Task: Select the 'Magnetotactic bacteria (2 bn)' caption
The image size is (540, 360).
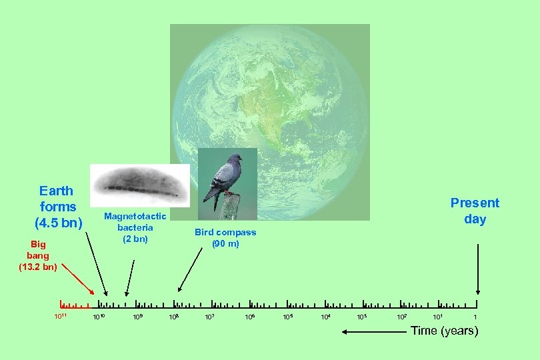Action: pos(135,227)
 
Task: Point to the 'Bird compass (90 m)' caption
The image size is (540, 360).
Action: pos(225,238)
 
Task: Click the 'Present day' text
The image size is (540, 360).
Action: pos(475,211)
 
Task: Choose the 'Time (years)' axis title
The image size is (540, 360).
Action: pos(445,331)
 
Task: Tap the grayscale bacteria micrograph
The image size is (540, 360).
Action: pos(140,185)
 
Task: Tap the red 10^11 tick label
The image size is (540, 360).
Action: pos(61,315)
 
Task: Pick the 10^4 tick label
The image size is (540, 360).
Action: pos(325,316)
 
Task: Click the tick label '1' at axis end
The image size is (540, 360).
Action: pos(475,316)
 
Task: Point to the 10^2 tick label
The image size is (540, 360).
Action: pos(402,316)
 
